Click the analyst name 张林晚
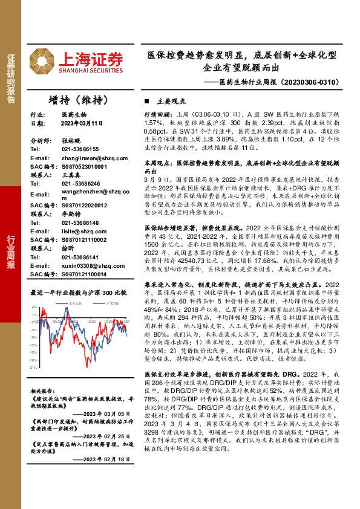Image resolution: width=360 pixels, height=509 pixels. [x=71, y=140]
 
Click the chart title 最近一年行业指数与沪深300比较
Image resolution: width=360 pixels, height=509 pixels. [x=79, y=293]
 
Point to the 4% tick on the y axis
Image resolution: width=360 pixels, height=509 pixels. [x=34, y=307]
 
